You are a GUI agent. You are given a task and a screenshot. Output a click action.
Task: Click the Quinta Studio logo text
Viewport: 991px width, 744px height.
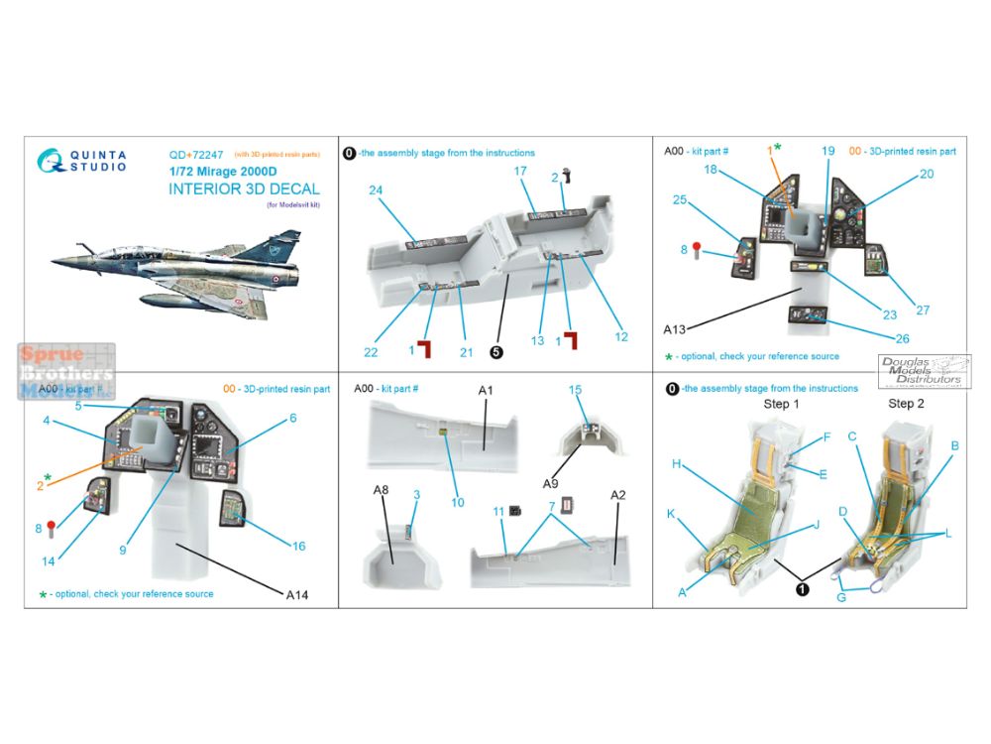click(97, 161)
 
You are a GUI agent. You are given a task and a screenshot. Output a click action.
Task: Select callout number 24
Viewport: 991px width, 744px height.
click(376, 190)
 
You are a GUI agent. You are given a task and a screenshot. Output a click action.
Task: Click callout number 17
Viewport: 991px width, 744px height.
click(519, 171)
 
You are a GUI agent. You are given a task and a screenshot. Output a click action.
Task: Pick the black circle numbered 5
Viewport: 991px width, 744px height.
click(495, 350)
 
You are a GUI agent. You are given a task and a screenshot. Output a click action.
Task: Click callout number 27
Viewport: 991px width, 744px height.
click(922, 310)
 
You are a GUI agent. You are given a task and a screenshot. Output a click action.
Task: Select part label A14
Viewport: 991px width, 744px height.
click(297, 595)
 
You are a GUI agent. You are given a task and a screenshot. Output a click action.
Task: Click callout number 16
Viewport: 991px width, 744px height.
click(298, 546)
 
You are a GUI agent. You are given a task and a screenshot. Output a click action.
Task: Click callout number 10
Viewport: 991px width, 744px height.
click(457, 502)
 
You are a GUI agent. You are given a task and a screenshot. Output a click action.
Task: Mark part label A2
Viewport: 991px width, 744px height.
click(617, 494)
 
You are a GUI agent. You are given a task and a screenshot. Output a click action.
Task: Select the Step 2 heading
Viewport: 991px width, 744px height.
click(906, 404)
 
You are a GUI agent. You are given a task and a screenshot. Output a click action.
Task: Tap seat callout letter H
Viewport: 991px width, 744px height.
click(675, 463)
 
